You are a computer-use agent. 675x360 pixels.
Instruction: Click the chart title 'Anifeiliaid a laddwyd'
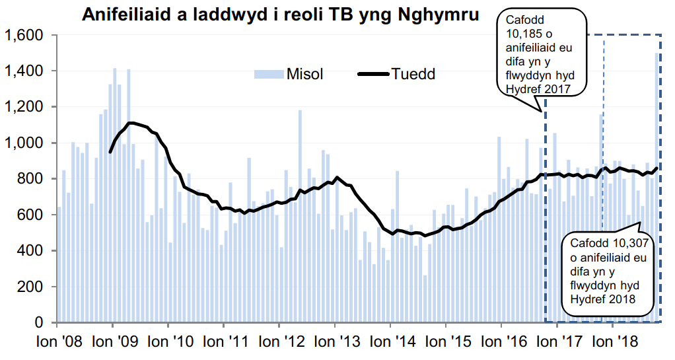pos(281,14)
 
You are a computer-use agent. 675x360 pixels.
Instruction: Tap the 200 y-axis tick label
pos(32,287)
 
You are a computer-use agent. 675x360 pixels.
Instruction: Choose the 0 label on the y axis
pos(41,323)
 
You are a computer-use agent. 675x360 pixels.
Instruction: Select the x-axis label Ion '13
pos(336,342)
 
